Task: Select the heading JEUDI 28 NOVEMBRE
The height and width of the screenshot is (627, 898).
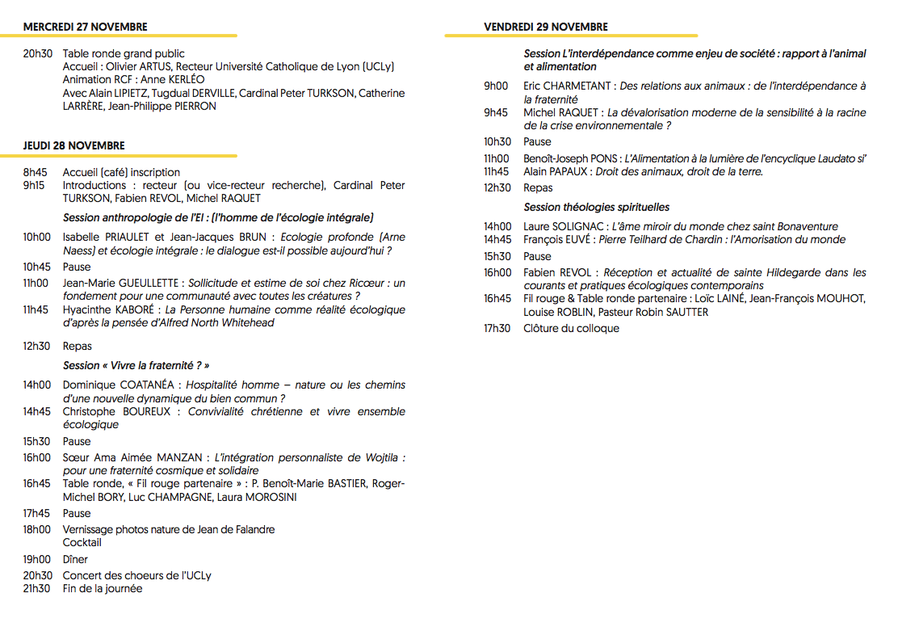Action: click(74, 145)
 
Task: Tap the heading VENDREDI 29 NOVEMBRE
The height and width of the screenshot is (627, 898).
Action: click(546, 27)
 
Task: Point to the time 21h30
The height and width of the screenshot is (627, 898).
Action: click(36, 588)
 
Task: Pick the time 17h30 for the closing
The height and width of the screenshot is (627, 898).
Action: click(497, 328)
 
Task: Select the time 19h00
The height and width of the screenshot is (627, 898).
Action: click(36, 559)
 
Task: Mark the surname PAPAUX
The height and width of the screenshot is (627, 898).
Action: click(570, 171)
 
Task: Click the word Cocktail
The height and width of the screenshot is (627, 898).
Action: click(82, 542)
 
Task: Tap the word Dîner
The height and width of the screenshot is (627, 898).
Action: click(75, 559)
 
